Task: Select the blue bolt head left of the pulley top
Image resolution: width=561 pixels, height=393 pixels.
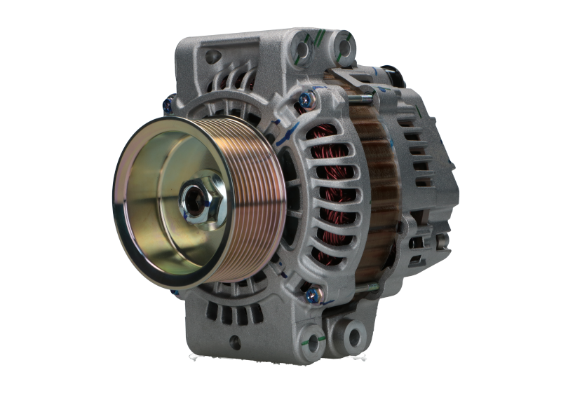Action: coord(167,106)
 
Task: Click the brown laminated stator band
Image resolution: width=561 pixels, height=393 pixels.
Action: coord(379,189)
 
